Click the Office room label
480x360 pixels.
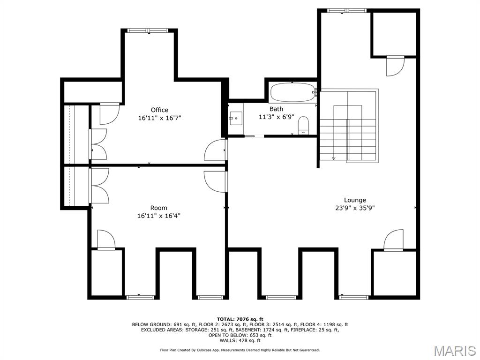[159, 110]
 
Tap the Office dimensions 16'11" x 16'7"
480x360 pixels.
[159, 118]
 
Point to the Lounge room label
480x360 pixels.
[354, 200]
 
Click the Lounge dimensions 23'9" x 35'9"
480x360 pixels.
[354, 208]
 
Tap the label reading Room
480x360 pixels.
[158, 208]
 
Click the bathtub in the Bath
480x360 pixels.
[293, 92]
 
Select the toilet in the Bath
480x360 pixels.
[303, 125]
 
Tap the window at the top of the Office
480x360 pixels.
[149, 30]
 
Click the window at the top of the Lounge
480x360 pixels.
[346, 10]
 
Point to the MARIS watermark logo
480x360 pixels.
[454, 351]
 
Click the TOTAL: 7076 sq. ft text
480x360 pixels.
[240, 319]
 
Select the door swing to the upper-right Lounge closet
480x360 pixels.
[395, 66]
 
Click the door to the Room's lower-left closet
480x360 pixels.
[106, 240]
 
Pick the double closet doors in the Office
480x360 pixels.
[99, 143]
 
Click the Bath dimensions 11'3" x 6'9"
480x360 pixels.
[276, 117]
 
